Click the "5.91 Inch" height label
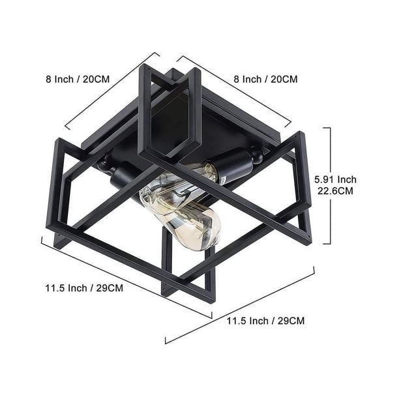(x=335, y=180)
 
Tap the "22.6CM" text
(x=335, y=191)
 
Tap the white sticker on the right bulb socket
(x=224, y=180)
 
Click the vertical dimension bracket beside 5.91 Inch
(x=330, y=186)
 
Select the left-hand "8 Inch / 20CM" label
(x=78, y=79)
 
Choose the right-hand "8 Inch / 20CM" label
(x=265, y=79)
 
